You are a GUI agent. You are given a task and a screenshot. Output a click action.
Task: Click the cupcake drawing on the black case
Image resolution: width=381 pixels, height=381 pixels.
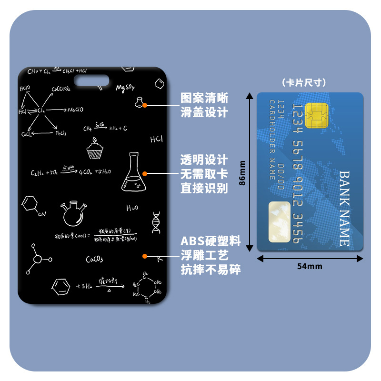click(94, 149)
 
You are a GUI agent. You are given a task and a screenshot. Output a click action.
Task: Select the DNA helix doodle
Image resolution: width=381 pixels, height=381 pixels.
click(156, 221)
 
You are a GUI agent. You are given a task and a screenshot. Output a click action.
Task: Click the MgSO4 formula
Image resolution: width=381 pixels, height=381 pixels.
click(125, 88)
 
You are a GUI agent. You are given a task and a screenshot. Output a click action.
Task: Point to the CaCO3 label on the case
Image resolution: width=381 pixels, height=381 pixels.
click(94, 260)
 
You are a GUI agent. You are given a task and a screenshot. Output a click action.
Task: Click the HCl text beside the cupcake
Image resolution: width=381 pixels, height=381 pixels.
click(156, 140)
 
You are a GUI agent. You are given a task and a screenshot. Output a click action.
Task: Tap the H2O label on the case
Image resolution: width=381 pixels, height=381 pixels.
click(132, 208)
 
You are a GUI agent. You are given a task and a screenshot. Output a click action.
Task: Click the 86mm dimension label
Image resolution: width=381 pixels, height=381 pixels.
click(242, 172)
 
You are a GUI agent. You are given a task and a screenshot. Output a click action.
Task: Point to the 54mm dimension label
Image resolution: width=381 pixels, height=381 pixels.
click(310, 267)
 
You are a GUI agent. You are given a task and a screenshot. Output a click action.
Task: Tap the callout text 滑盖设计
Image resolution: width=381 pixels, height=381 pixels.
click(204, 113)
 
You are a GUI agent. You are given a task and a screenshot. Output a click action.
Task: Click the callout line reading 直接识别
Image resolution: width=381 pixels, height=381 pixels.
click(204, 188)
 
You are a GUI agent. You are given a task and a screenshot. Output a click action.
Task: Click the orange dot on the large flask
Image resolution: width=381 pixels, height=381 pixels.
click(145, 174)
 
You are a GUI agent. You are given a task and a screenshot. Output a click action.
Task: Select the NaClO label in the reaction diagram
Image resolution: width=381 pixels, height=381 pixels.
click(75, 110)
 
